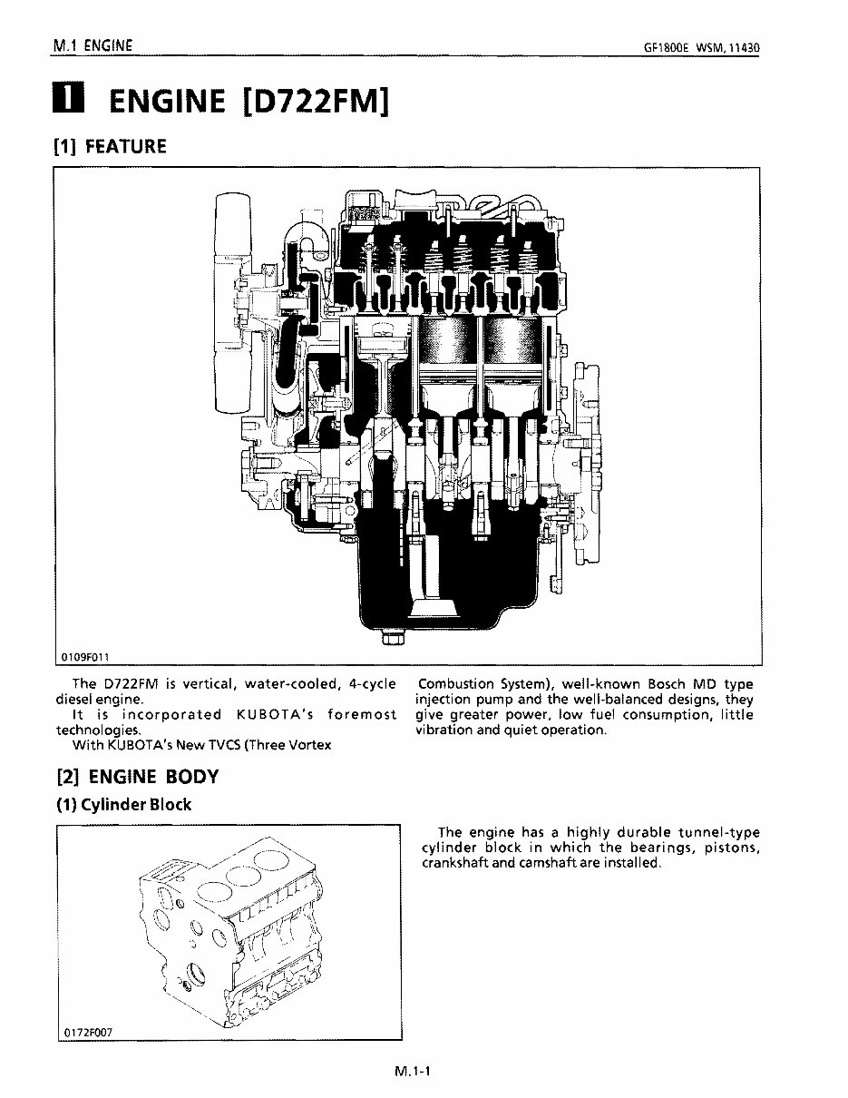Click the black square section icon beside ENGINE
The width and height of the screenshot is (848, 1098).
coord(69,100)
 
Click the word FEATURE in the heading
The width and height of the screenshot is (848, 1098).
coord(125,146)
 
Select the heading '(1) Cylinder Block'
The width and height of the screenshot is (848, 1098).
coord(124,805)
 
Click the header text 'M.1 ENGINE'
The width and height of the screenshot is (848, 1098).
coord(93,44)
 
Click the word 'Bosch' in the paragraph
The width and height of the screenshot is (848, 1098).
coord(640,684)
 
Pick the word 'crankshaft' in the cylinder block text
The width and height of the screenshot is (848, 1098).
coord(455,863)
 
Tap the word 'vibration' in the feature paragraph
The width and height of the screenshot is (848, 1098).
coord(445,730)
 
